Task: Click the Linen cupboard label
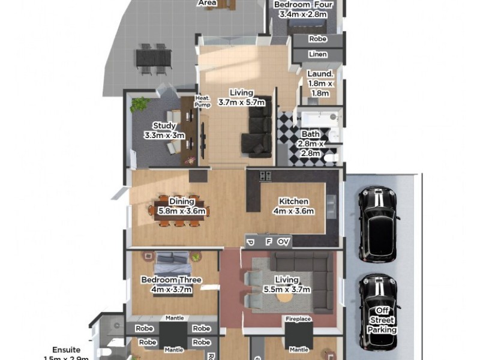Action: [317, 55]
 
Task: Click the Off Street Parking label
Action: [382, 320]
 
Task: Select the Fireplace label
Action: [298, 319]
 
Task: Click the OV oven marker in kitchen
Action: [283, 242]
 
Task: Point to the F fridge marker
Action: [268, 242]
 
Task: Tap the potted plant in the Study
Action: [139, 104]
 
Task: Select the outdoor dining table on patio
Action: [153, 58]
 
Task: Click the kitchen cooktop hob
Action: [265, 176]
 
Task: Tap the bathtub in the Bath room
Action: [313, 118]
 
